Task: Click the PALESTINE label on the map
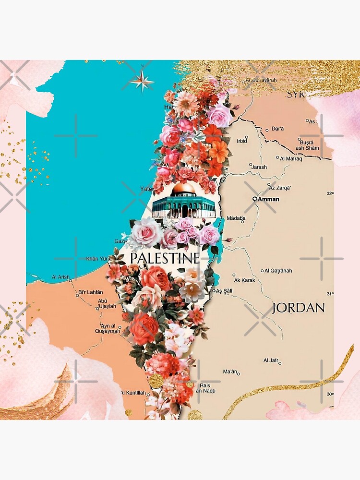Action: click(165, 258)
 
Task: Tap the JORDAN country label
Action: click(298, 308)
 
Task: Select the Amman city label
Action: click(269, 199)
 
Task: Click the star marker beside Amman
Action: click(255, 199)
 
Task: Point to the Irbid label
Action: click(242, 141)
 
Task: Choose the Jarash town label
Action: click(259, 167)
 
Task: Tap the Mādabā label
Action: click(236, 218)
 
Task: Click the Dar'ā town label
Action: click(278, 129)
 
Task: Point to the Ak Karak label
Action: click(244, 280)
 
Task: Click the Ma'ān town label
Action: click(230, 372)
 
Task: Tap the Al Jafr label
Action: click(271, 360)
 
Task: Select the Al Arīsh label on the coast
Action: click(60, 277)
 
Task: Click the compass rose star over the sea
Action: click(142, 80)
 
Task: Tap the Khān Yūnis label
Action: click(98, 258)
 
